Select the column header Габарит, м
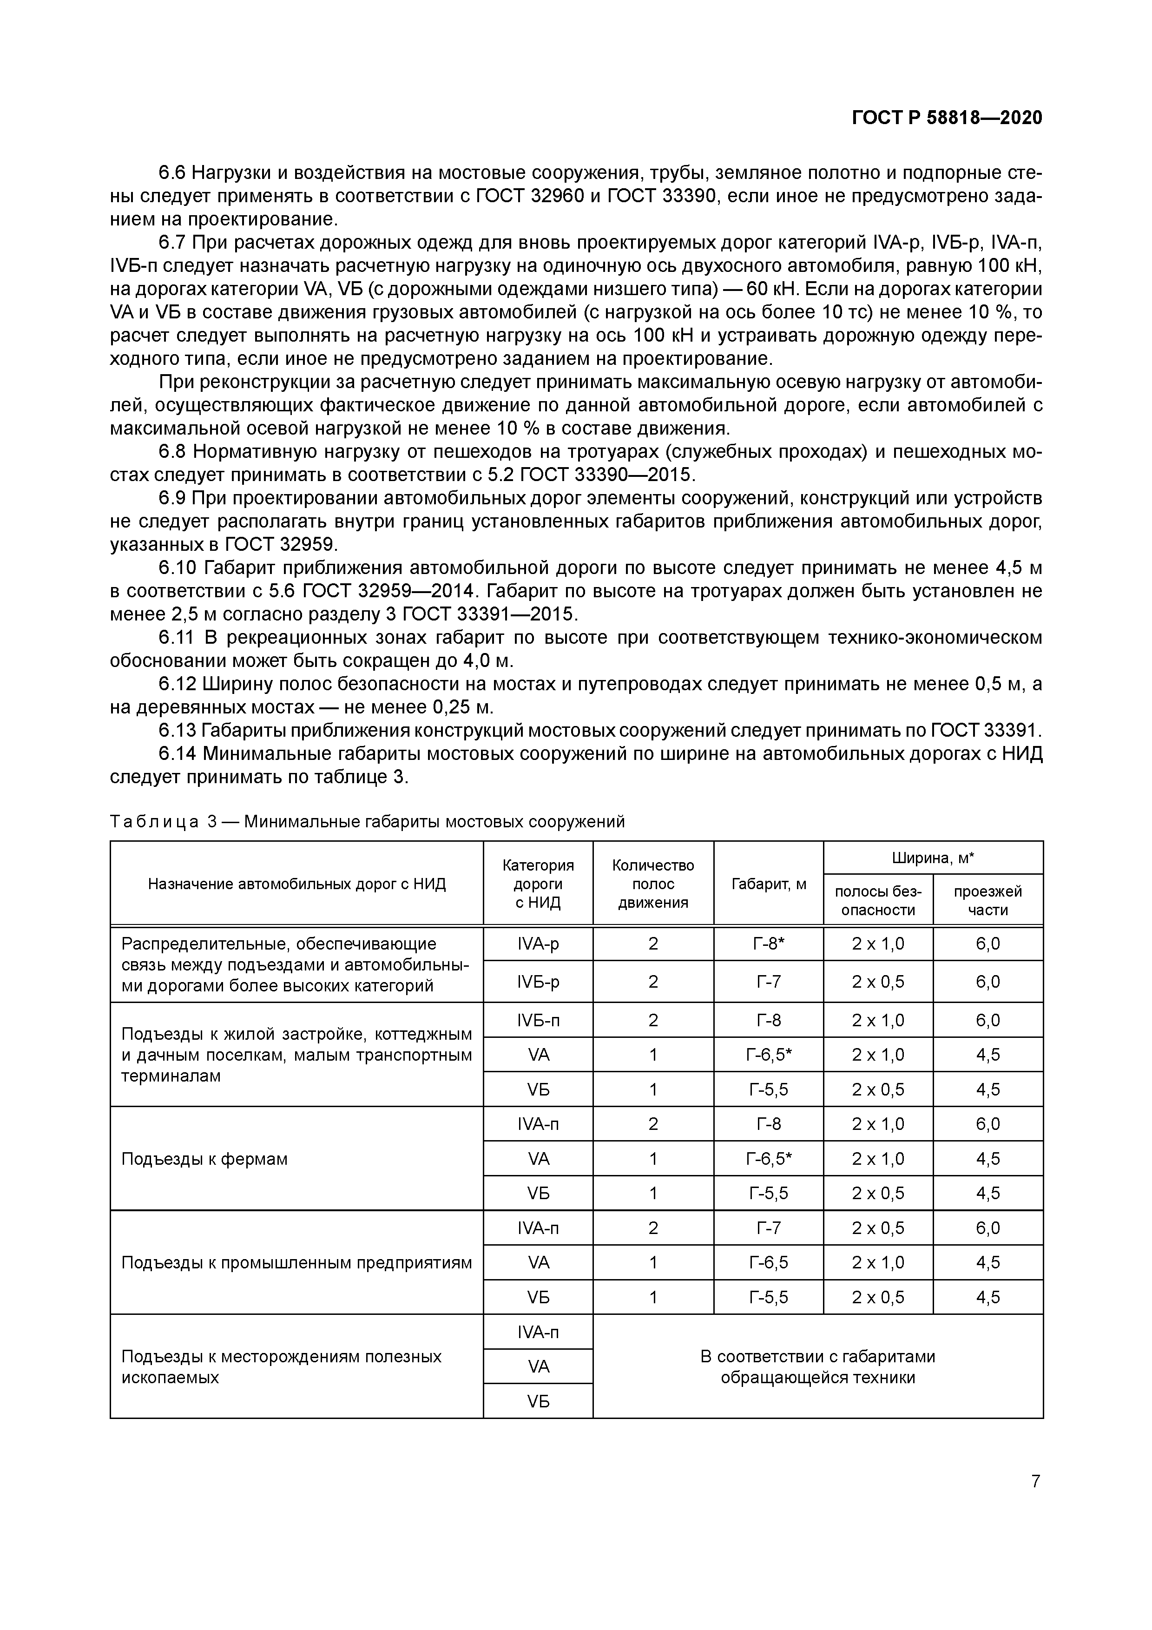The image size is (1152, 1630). coord(768,884)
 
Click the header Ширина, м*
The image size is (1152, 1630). coord(933,858)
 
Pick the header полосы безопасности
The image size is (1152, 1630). coord(878,900)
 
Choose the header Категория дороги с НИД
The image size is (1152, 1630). coord(538,884)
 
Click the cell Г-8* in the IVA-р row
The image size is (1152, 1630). coord(768,944)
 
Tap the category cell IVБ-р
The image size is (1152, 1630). coord(538,982)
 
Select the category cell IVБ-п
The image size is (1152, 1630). coord(538,1020)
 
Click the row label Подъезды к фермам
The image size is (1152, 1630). coord(204,1159)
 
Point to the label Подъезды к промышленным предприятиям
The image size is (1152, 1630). coord(296,1263)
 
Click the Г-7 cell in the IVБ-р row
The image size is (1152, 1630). coord(768,982)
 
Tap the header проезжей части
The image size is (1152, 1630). coord(987,900)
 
